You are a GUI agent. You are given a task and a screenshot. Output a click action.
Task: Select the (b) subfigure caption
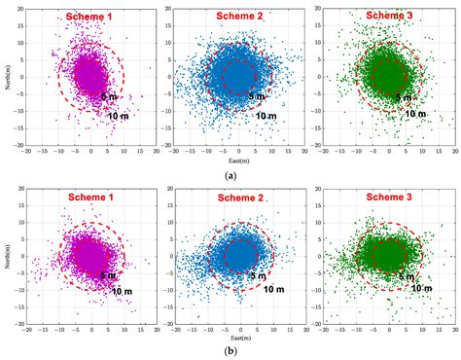pos(230,349)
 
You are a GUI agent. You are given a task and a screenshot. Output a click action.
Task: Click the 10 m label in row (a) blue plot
pos(267,115)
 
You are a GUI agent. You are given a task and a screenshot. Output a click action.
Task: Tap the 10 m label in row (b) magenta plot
pos(119,294)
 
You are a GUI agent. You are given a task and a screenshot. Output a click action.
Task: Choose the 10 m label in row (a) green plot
pos(416,114)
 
